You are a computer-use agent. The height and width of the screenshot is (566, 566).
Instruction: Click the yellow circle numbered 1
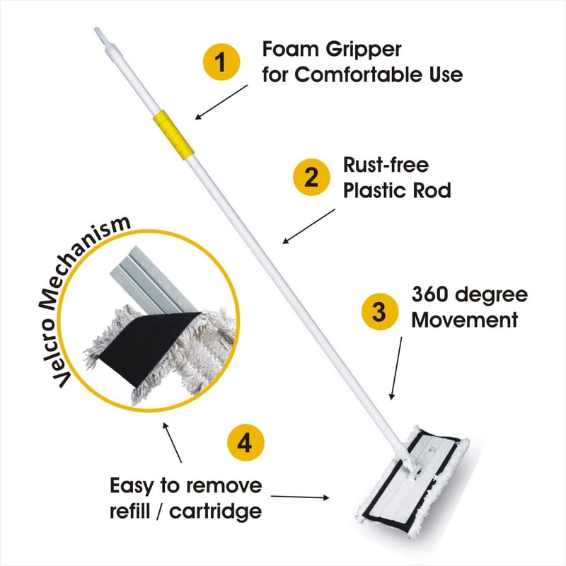point(221,62)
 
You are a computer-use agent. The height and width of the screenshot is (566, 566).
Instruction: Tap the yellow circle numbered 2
point(311,177)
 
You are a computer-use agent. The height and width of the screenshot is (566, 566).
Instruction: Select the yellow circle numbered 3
point(380,311)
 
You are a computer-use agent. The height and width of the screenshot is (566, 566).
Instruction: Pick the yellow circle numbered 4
point(246,443)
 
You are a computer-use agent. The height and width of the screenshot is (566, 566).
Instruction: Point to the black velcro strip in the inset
point(149,347)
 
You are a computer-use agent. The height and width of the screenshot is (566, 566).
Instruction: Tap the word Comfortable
point(359,75)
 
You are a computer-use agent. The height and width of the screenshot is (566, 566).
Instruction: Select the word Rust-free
point(386,165)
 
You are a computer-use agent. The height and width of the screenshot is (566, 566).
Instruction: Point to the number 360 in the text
point(430,294)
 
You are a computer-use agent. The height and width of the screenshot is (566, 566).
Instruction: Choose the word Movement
point(465,320)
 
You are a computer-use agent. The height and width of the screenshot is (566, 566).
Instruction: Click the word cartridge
point(216,512)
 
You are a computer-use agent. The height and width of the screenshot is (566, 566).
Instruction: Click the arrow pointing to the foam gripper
point(221,102)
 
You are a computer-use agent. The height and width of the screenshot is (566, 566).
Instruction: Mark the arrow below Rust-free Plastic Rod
point(308,226)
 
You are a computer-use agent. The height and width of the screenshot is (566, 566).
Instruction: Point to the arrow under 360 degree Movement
point(395,369)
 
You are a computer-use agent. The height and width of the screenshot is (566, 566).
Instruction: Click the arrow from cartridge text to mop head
point(300,497)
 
